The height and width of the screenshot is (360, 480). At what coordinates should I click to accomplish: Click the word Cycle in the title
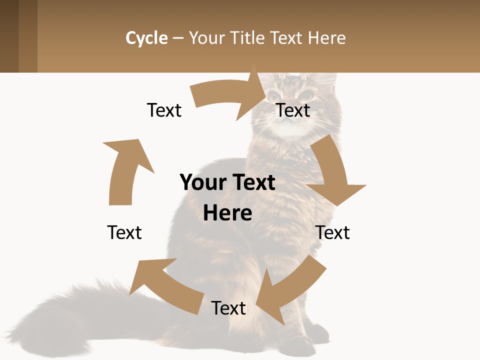coord(146,38)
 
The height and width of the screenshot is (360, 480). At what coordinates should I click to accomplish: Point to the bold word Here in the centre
coord(227,213)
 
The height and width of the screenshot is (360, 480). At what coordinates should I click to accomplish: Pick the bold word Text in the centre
coord(252,182)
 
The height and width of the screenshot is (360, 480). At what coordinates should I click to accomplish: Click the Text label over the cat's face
coord(293,110)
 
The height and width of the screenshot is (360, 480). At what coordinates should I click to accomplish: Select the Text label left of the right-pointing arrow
coord(164,110)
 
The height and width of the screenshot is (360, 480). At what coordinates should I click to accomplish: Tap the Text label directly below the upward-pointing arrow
coord(124,232)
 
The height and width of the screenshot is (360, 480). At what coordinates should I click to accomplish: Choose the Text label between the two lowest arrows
coord(228,308)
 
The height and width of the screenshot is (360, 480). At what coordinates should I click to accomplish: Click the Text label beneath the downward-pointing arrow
coord(332,232)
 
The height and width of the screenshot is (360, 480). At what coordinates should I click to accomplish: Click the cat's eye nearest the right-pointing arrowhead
coord(274,95)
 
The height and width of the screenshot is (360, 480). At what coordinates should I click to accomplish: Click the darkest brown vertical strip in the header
coord(9,36)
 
